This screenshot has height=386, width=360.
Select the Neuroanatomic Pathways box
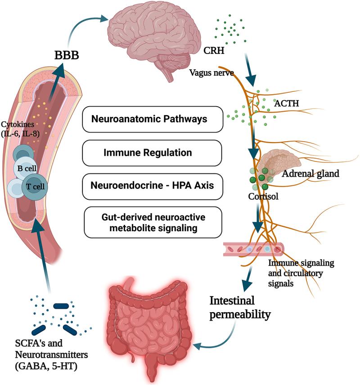pyautogui.click(x=153, y=119)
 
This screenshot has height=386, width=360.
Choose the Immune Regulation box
pyautogui.click(x=153, y=153)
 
